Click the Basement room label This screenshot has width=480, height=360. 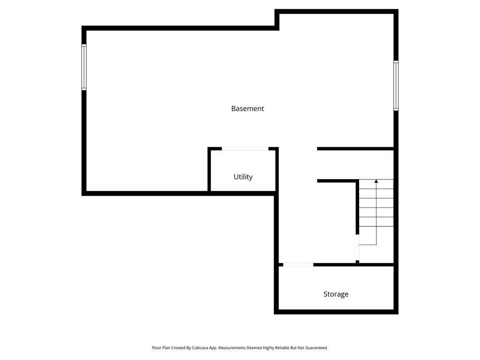tap(247, 108)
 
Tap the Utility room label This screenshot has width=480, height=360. tap(243, 177)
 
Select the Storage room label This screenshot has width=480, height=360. tap(336, 294)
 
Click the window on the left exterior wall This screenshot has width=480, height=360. tap(84, 67)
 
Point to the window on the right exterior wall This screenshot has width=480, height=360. tap(396, 85)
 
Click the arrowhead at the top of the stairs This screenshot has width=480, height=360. tap(376, 181)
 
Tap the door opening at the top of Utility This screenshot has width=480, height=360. tap(245, 149)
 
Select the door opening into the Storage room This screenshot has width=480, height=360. tap(298, 265)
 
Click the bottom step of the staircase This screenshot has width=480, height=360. tap(376, 231)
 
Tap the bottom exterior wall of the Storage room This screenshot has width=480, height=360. tap(336, 312)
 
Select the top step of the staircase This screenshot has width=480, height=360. tap(376, 184)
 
